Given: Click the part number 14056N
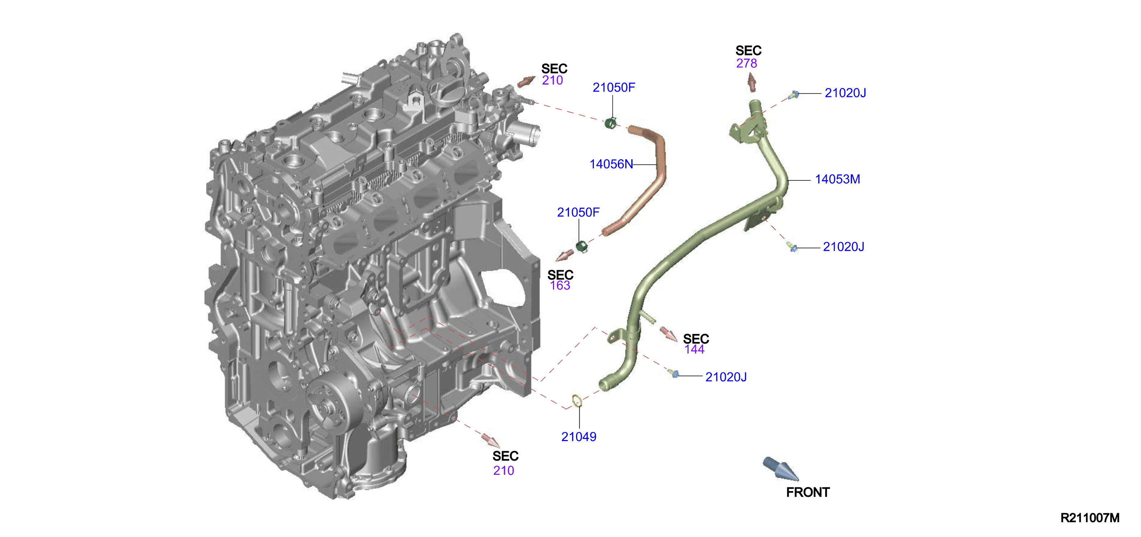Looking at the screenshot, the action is [611, 164].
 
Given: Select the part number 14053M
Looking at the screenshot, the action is [837, 179].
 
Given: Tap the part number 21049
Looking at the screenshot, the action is [579, 437].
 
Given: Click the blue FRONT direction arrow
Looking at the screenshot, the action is [780, 469].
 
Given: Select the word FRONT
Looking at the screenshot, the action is [808, 492].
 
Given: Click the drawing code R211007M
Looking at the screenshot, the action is [1090, 518].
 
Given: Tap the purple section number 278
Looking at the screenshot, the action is [746, 63].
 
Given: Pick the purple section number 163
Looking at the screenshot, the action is [560, 286].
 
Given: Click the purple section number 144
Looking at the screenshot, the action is [694, 350].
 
